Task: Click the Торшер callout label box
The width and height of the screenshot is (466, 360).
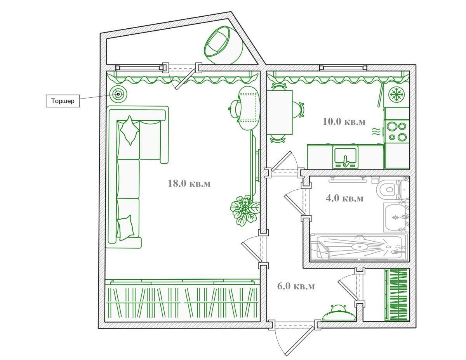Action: [63, 101]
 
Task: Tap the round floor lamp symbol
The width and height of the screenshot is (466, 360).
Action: [118, 94]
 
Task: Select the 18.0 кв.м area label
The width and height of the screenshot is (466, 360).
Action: [189, 183]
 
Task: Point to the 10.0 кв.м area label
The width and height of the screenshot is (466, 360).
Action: [344, 122]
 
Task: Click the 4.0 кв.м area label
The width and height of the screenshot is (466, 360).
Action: [344, 198]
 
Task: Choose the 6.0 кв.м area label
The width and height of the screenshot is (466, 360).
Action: [296, 286]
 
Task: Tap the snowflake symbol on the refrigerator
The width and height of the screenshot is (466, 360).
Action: [396, 94]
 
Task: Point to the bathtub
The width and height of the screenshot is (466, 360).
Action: [359, 247]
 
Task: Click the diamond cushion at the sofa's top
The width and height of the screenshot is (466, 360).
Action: [130, 130]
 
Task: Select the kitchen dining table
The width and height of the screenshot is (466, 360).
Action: [280, 112]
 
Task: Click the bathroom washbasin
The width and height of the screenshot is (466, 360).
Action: [395, 218]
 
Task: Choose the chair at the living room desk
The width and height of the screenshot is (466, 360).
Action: [235, 109]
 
